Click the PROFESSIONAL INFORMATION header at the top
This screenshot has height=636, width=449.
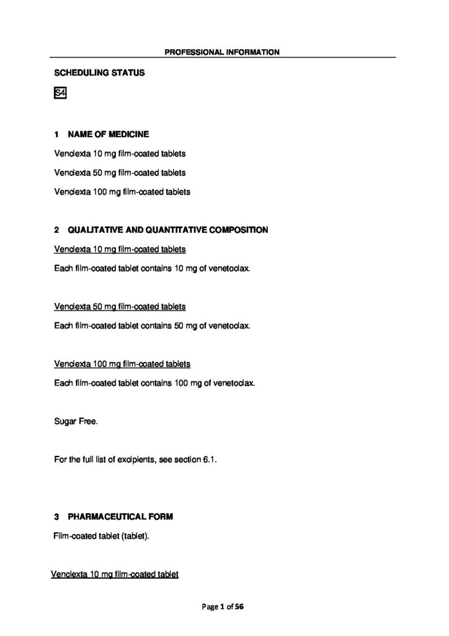tap(222, 52)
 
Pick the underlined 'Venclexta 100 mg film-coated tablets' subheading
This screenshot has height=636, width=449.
tap(122, 363)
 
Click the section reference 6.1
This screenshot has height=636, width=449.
tap(210, 460)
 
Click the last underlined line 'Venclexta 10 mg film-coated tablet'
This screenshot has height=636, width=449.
tap(115, 575)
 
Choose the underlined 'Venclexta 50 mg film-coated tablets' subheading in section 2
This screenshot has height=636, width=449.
tap(120, 306)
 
